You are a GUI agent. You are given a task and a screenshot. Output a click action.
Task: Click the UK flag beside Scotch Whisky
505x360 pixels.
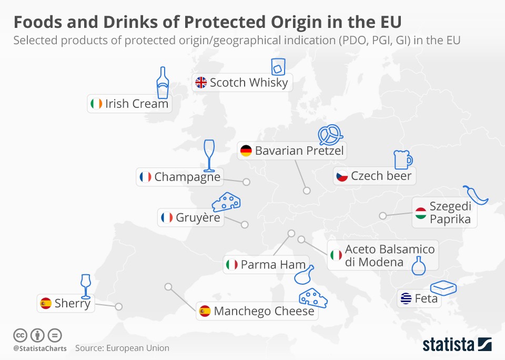click(201, 83)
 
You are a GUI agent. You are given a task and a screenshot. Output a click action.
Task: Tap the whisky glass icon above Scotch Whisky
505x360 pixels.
click(277, 67)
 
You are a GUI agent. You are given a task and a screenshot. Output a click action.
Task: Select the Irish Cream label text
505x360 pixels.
click(137, 104)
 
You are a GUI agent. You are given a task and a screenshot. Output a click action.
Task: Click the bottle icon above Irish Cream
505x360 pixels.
click(163, 83)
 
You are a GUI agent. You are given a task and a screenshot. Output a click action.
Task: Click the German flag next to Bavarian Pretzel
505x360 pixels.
click(246, 151)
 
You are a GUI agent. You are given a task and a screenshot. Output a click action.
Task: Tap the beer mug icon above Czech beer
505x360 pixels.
click(402, 160)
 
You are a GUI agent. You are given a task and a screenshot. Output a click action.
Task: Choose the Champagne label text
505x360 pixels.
click(187, 176)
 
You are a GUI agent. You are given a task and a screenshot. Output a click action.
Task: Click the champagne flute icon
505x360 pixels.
click(209, 155)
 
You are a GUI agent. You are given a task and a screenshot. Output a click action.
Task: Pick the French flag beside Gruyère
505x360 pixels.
click(167, 217)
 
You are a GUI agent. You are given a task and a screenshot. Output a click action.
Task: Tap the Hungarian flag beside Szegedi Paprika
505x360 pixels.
click(420, 213)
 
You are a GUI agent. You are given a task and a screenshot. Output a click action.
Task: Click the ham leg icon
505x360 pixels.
click(304, 274)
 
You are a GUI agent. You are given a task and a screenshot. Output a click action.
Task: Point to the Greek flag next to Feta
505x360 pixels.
click(406, 298)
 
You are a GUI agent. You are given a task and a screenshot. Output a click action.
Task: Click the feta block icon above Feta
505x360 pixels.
click(443, 288)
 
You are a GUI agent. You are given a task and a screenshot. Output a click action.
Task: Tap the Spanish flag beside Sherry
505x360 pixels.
click(46, 303)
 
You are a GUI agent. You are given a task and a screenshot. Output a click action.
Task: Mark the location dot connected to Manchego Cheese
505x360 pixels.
click(168, 287)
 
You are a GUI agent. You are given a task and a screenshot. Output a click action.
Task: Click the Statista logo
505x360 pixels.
click(457, 345)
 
